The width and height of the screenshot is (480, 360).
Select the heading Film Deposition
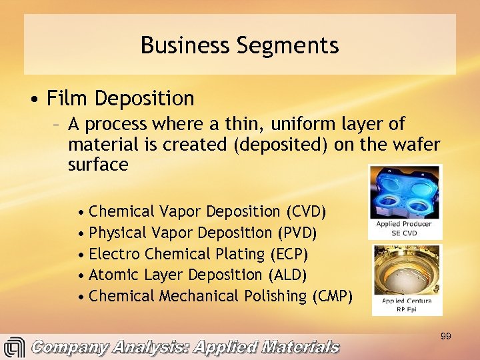[x=120, y=99]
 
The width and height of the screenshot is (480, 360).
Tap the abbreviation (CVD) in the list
[x=305, y=212]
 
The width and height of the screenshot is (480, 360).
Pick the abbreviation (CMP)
[x=332, y=296]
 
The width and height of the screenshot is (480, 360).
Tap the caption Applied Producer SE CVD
[x=404, y=228]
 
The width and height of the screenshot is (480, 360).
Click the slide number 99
[x=446, y=337]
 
